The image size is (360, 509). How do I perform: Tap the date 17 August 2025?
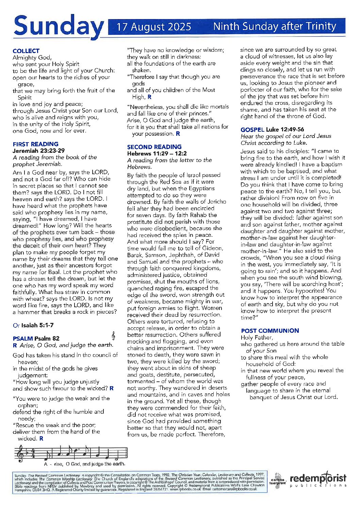click(x=154, y=27)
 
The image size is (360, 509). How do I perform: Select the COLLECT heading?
click(x=26, y=51)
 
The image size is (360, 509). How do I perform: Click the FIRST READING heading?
click(x=35, y=144)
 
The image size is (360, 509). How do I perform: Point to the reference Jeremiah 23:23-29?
click(x=38, y=150)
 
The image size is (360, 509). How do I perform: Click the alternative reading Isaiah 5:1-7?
click(x=37, y=325)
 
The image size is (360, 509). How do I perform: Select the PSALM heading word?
click(x=22, y=338)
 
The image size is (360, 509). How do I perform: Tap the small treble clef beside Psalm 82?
click(x=113, y=336)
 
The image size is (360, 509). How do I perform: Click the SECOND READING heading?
click(x=154, y=147)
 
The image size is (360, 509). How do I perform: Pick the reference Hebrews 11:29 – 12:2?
click(x=157, y=153)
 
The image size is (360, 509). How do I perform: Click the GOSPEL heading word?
click(x=252, y=129)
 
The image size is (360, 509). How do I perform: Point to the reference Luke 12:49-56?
click(x=285, y=129)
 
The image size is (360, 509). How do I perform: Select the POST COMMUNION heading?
click(x=270, y=330)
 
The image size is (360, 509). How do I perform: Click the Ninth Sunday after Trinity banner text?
click(x=274, y=27)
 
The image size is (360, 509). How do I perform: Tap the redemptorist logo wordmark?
click(x=318, y=478)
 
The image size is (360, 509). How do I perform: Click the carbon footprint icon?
click(x=278, y=480)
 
